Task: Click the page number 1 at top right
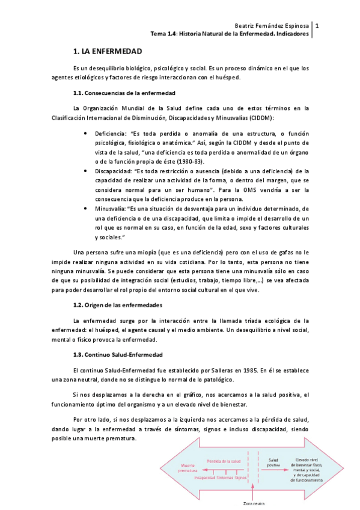click(317, 26)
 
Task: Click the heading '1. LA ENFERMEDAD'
click(107, 52)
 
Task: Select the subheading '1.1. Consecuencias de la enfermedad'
click(124, 93)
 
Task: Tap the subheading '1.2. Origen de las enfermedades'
click(117, 306)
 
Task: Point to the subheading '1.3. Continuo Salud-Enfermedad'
click(116, 354)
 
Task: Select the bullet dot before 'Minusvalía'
click(89, 208)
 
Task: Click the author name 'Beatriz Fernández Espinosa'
click(271, 26)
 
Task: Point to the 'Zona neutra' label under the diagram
click(254, 503)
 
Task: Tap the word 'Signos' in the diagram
click(241, 478)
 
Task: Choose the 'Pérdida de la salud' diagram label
click(224, 461)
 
